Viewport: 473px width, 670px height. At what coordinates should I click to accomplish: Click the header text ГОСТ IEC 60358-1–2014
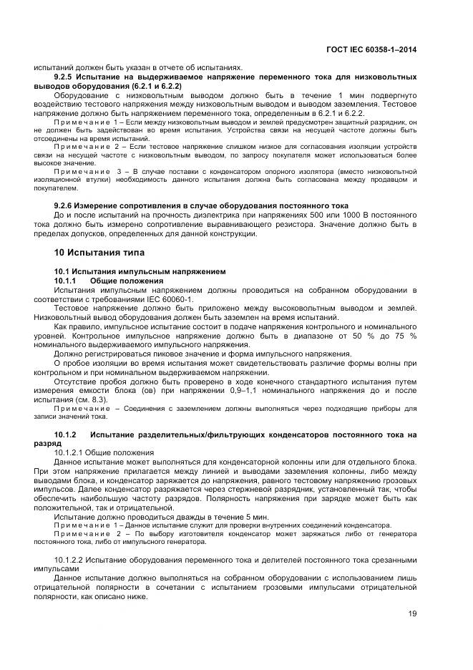(x=371, y=50)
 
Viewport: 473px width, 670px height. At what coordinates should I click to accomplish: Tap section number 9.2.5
(x=69, y=76)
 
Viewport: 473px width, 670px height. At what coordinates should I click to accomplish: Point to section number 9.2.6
(x=69, y=205)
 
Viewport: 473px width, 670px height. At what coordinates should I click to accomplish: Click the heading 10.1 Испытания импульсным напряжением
(x=140, y=272)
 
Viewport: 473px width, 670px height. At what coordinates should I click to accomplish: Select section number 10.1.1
(x=69, y=281)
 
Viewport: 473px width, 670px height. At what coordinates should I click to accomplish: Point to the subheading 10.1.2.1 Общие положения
(x=104, y=452)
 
